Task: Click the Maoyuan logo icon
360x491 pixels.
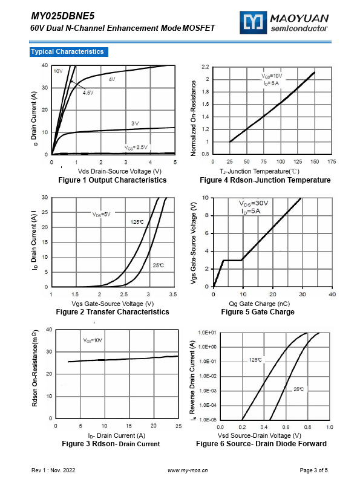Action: pos(253,22)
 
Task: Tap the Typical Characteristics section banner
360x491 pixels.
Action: pos(68,51)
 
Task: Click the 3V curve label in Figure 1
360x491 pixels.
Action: pos(135,123)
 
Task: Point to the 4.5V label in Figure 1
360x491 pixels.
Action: pos(88,93)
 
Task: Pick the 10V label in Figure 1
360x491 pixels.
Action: pos(58,71)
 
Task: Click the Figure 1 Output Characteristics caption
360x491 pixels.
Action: pos(113,180)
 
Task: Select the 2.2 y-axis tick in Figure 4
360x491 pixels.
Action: pos(205,67)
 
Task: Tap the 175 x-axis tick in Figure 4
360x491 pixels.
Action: pos(332,161)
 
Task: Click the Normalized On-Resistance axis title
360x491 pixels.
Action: pos(193,118)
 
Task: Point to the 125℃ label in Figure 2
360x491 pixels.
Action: pos(137,222)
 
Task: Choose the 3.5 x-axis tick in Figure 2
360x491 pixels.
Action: pos(173,294)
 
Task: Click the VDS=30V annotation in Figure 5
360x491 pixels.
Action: pos(254,203)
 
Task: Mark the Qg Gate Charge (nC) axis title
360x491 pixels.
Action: pos(259,304)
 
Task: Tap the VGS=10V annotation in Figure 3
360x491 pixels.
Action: pos(93,340)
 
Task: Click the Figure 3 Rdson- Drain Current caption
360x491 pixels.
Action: pos(111,444)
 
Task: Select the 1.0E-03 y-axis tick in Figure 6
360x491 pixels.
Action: pos(208,391)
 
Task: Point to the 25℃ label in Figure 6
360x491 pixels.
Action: pos(299,389)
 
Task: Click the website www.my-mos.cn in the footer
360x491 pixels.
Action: pos(188,470)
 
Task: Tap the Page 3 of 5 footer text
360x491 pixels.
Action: pos(313,470)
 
